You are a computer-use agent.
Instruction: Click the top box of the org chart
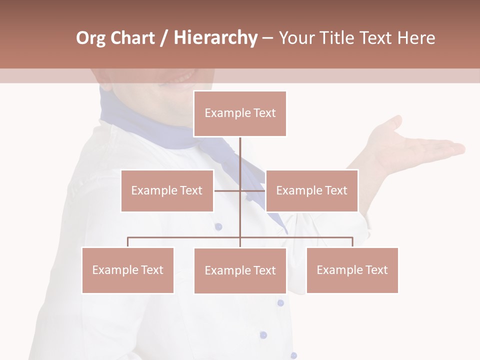pyautogui.click(x=240, y=113)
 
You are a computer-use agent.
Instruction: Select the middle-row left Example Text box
pyautogui.click(x=167, y=190)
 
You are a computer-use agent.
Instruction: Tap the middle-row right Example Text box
pyautogui.click(x=311, y=190)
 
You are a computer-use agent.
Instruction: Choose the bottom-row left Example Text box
pyautogui.click(x=128, y=270)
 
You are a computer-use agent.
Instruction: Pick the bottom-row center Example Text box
pyautogui.click(x=240, y=270)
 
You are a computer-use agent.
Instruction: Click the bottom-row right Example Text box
pyautogui.click(x=352, y=270)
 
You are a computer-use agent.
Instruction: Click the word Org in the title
pyautogui.click(x=90, y=38)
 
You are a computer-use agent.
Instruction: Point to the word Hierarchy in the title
pyautogui.click(x=215, y=38)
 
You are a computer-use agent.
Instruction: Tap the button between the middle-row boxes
pyautogui.click(x=218, y=226)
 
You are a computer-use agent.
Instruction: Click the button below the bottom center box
pyautogui.click(x=280, y=302)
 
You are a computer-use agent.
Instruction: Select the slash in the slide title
pyautogui.click(x=164, y=38)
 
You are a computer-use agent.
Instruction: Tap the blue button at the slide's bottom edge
pyautogui.click(x=293, y=355)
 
